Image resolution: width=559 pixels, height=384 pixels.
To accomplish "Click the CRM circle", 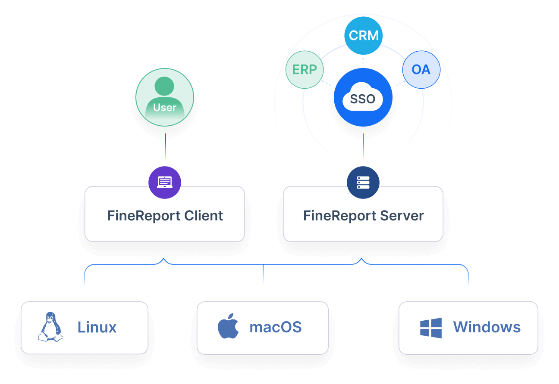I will click(x=364, y=35).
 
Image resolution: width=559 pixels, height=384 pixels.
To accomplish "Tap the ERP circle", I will click(x=305, y=70).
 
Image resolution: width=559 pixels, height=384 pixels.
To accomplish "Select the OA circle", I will click(x=421, y=70).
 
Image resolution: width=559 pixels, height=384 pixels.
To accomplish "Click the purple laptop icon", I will click(x=165, y=183).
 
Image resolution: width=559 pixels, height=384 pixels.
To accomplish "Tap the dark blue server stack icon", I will click(x=363, y=183).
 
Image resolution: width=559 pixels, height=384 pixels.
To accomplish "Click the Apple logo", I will click(x=228, y=327).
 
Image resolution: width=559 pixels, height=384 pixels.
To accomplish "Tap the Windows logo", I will click(x=431, y=328).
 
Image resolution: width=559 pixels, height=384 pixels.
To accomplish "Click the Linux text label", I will click(x=97, y=327).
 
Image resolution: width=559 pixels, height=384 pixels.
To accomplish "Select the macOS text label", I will click(x=276, y=327).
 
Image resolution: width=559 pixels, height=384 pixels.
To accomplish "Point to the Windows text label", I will click(x=487, y=327).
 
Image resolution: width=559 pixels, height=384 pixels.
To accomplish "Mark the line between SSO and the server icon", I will click(x=363, y=146).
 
